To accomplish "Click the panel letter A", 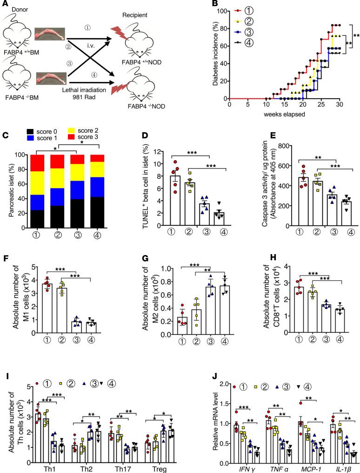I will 4,4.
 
